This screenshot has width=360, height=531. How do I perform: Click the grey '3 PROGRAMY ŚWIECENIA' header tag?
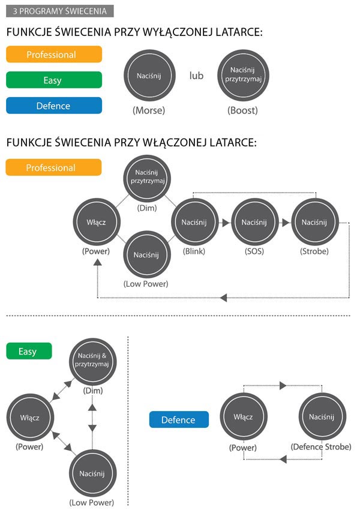tap(59, 11)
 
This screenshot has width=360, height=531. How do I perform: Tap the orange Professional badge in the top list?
tap(53, 55)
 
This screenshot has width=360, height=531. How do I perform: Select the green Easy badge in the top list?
tap(53, 80)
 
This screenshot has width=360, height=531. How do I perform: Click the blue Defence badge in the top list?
tap(53, 106)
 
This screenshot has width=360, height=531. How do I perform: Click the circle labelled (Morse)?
tap(149, 76)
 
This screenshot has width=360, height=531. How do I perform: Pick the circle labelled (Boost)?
tap(243, 76)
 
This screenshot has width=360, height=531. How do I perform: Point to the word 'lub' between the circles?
tap(196, 76)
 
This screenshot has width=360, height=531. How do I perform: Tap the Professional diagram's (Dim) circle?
tap(146, 177)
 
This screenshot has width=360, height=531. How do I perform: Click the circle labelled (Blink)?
tap(194, 222)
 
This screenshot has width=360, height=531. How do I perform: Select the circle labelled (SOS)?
tap(254, 222)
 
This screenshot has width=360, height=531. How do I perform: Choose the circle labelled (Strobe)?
tap(314, 222)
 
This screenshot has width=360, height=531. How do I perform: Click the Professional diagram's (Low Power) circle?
tap(146, 254)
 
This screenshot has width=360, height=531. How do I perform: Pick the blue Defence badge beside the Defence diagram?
tap(179, 420)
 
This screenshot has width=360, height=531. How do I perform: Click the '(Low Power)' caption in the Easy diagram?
tap(91, 502)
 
